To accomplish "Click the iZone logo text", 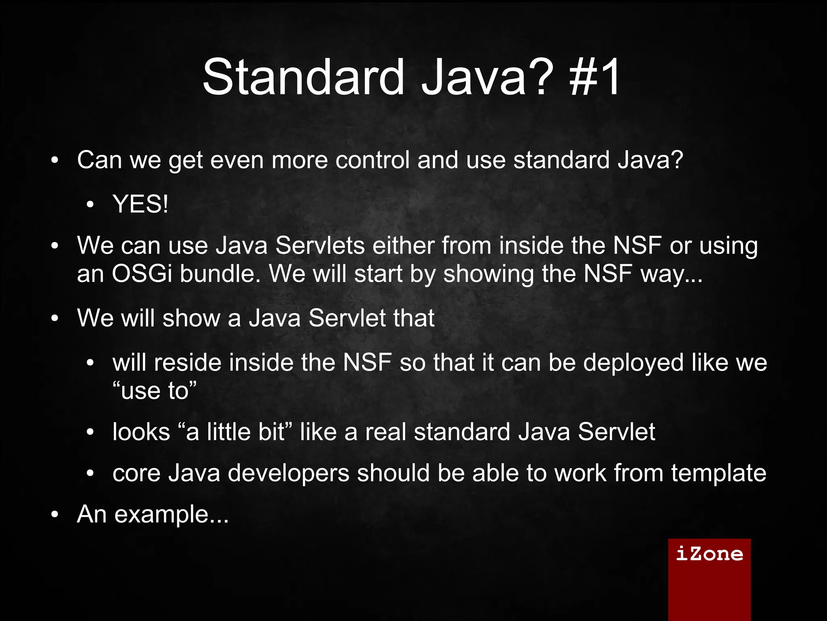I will tap(709, 554).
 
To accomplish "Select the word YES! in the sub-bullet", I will tap(141, 204).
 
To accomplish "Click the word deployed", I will tap(633, 362).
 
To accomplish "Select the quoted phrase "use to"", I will tap(155, 391).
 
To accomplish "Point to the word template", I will tap(718, 473).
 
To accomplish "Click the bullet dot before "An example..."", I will tap(55, 515).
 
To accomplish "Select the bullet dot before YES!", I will tap(90, 205).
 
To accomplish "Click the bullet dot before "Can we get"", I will tap(55, 161).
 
